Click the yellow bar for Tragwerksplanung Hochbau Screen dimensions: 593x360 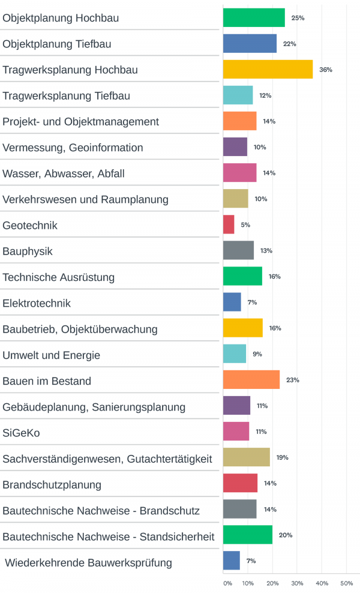[268, 70]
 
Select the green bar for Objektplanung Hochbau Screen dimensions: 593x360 [254, 18]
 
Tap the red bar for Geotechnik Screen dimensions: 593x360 [229, 224]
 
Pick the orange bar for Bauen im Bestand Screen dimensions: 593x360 [251, 380]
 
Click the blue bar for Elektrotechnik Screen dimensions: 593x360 [232, 302]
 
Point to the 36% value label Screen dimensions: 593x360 [325, 70]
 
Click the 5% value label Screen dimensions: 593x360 [245, 224]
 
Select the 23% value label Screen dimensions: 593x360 [292, 380]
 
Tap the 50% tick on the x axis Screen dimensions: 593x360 [346, 583]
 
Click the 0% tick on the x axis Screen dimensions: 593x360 [227, 583]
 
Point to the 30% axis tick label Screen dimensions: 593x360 [297, 583]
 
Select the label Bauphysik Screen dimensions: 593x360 [28, 251]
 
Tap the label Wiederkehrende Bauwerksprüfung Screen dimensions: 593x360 [88, 562]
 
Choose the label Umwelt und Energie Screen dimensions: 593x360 [51, 355]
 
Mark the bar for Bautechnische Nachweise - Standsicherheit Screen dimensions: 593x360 [247, 535]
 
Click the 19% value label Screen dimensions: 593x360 [282, 457]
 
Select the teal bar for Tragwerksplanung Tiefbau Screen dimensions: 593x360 [238, 95]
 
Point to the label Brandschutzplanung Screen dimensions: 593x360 [52, 484]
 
